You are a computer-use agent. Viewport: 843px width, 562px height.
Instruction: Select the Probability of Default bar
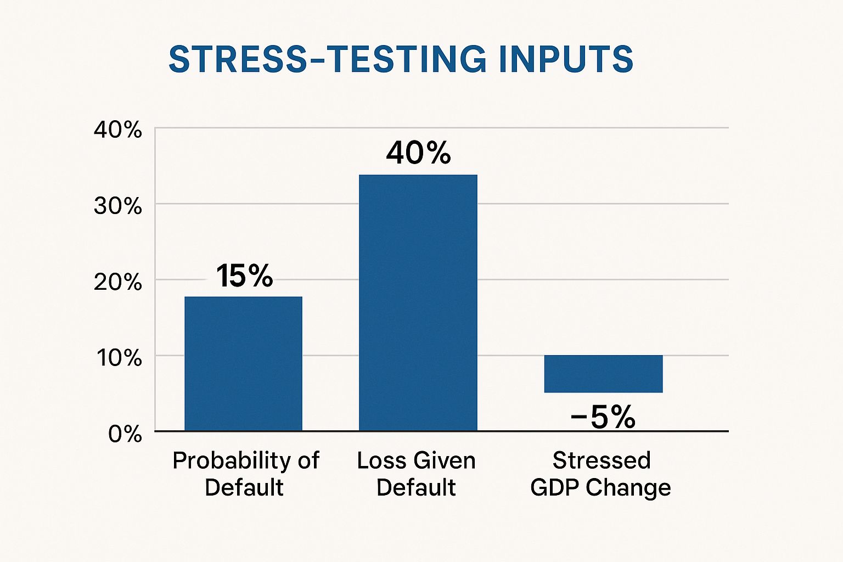click(243, 363)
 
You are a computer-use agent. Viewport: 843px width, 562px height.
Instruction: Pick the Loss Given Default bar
click(418, 302)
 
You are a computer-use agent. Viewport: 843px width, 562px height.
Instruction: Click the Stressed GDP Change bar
click(603, 374)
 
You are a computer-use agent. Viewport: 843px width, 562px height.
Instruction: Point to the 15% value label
click(244, 276)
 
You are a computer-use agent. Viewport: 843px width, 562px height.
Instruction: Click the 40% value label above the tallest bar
click(418, 153)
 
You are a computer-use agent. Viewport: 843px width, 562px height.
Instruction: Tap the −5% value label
click(603, 417)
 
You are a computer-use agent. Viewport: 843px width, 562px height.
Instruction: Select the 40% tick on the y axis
click(118, 130)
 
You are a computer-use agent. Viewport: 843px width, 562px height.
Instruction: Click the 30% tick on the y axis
click(118, 206)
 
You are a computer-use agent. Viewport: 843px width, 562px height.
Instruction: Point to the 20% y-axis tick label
click(118, 282)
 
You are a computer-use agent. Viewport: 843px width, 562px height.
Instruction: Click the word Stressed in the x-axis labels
click(602, 460)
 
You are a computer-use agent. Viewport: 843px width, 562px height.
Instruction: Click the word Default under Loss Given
click(416, 487)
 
